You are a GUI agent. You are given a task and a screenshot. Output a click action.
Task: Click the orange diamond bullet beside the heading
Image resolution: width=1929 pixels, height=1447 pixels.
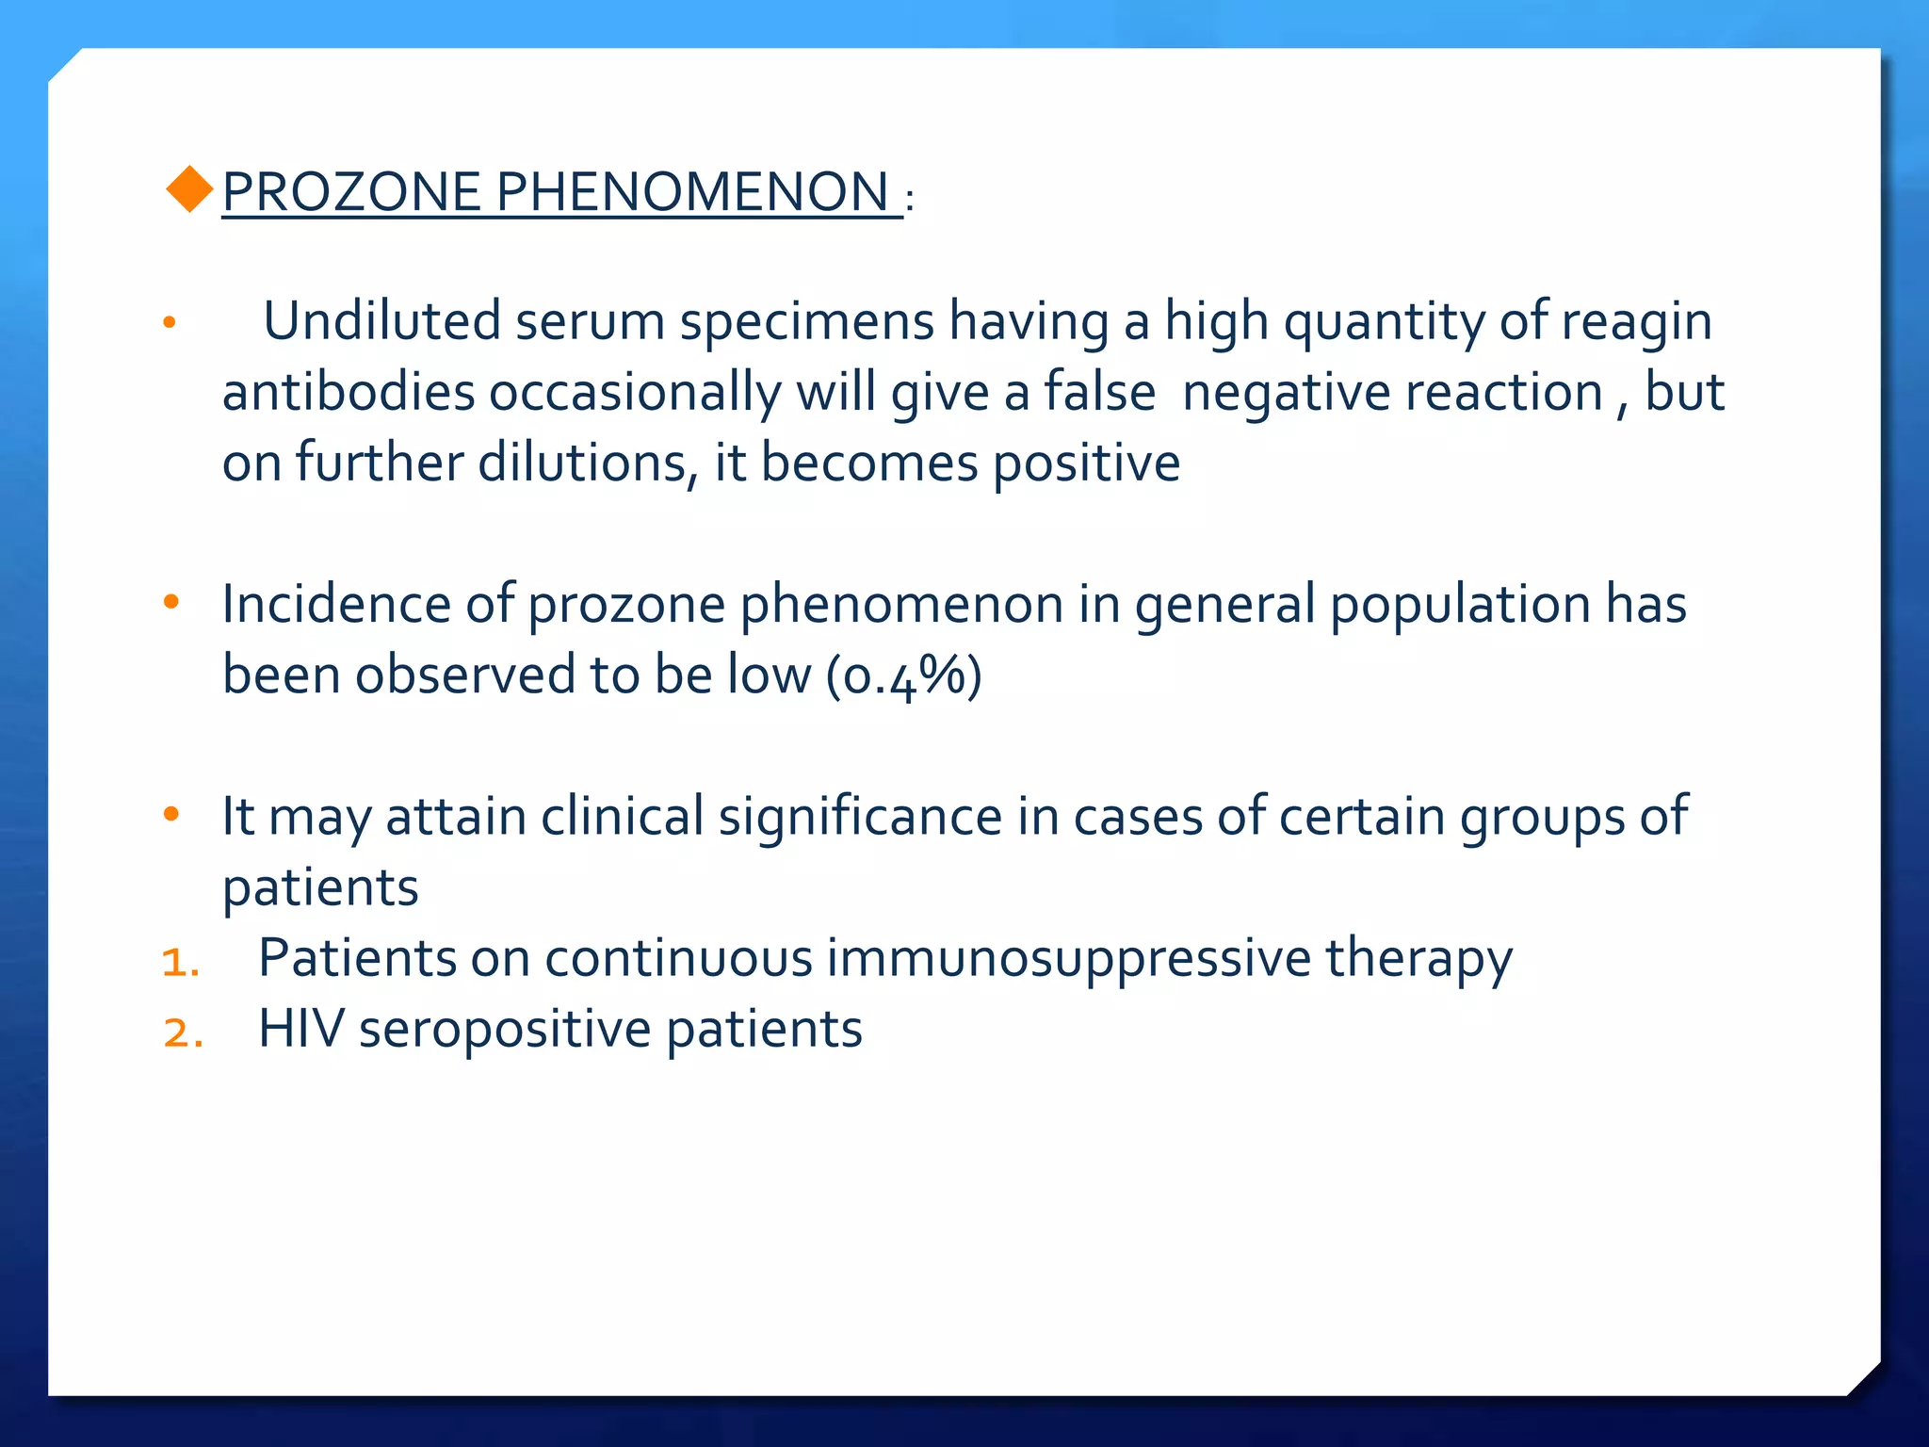(x=189, y=189)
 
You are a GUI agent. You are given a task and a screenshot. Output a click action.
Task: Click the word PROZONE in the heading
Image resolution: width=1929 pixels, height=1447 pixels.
(x=351, y=192)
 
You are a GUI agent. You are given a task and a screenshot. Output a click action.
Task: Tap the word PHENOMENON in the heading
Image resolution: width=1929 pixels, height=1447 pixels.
(x=692, y=192)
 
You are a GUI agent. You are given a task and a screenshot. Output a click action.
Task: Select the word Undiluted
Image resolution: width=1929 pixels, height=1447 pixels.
(x=381, y=321)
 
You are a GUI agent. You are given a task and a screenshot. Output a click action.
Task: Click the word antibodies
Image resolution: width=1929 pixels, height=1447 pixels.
(x=348, y=392)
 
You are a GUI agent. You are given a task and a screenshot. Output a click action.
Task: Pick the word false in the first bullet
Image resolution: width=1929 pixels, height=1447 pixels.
(x=1099, y=392)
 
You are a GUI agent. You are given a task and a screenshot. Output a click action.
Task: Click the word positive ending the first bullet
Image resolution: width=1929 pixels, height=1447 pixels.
(x=1086, y=464)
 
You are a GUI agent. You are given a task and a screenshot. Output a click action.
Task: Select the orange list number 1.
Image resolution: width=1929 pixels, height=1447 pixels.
(x=180, y=963)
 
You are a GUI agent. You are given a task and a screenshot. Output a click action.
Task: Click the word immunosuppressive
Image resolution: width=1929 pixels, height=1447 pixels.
(x=1068, y=959)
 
